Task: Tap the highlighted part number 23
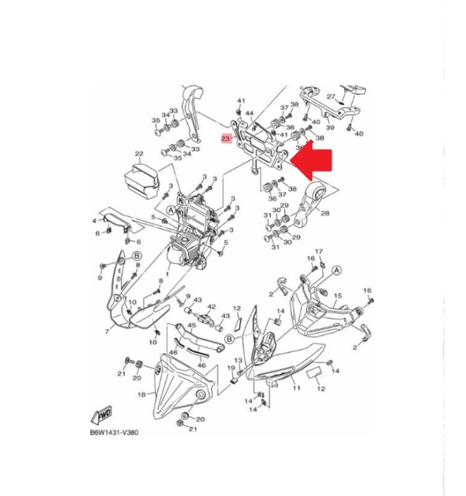[226, 138]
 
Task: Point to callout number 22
[139, 154]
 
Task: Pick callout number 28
[324, 212]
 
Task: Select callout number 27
[331, 97]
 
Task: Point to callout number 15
[337, 296]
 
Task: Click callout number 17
[318, 251]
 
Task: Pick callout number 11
[296, 386]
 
